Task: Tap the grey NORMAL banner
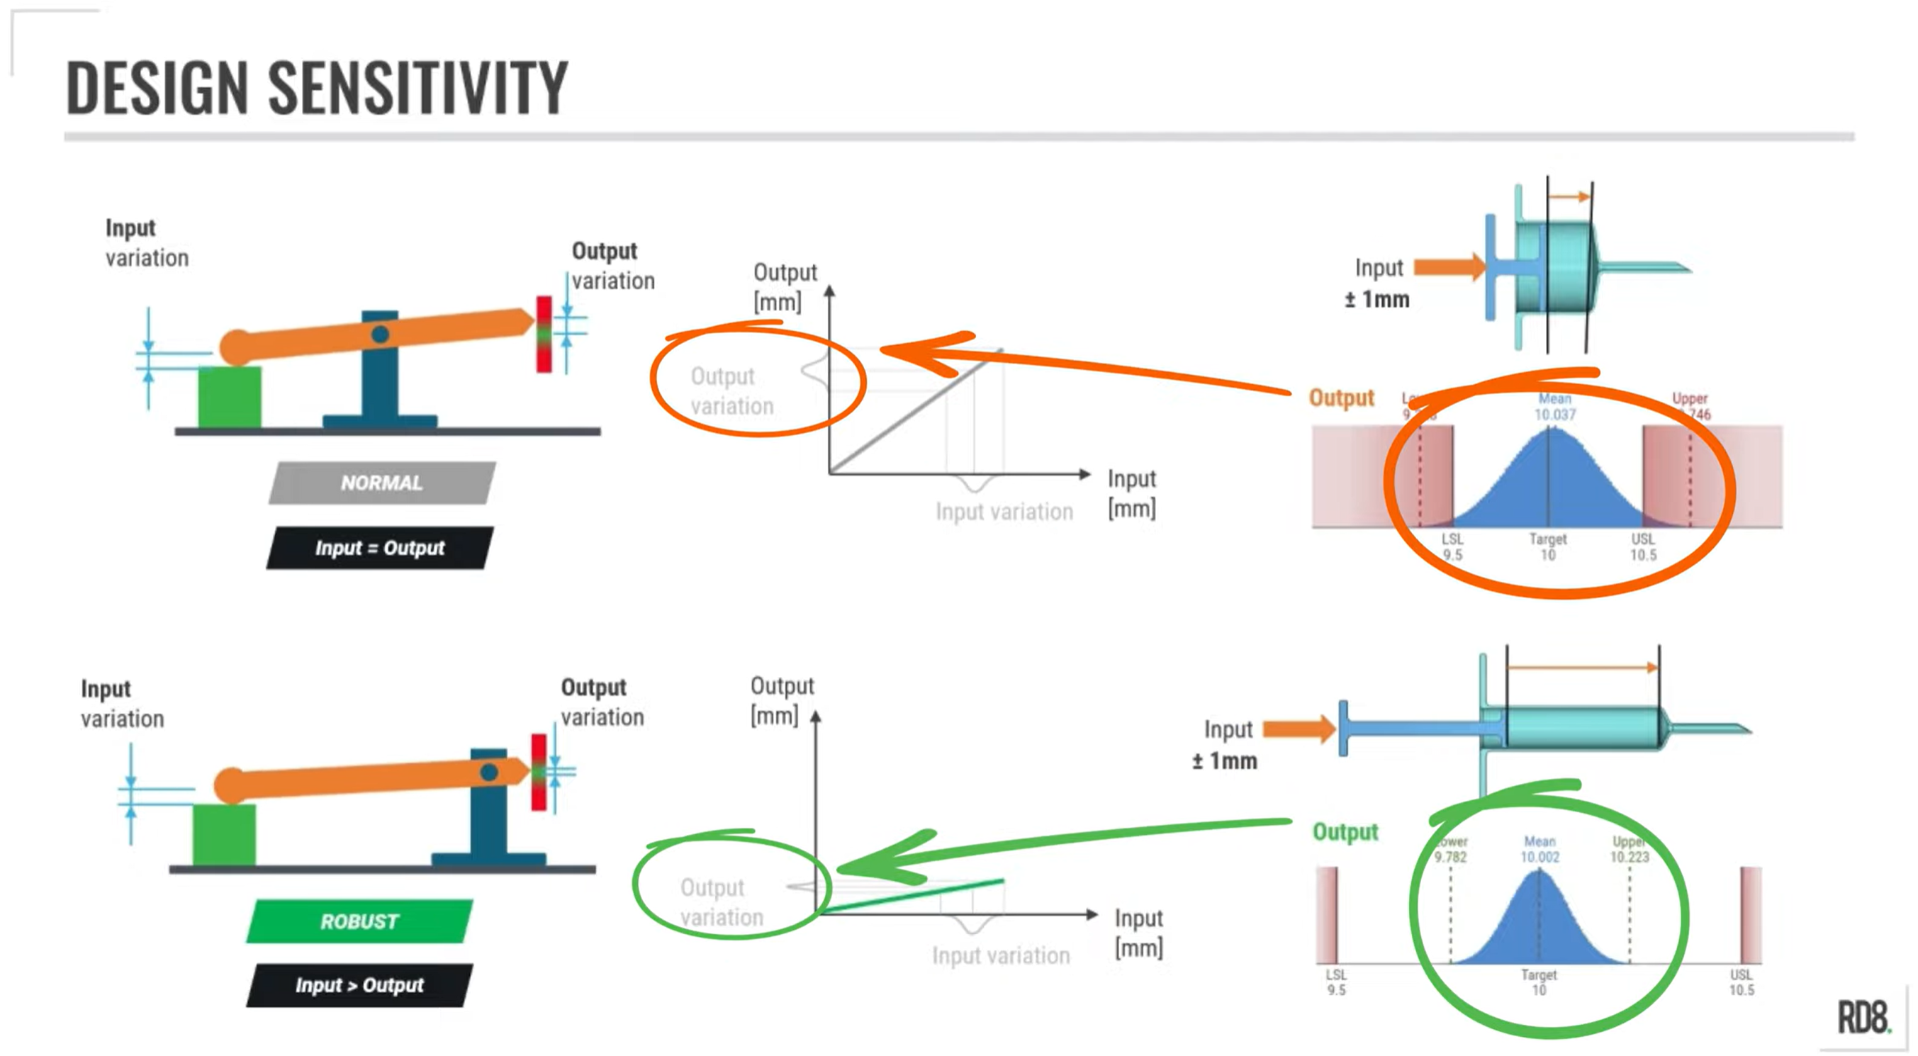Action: [382, 483]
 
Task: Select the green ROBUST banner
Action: [359, 921]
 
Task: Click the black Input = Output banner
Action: [380, 548]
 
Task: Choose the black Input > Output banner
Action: [359, 985]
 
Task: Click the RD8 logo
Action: [1863, 1017]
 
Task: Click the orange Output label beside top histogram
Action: [1342, 398]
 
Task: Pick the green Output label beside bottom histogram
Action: [1345, 832]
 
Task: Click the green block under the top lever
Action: [230, 397]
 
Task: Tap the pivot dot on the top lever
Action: [381, 335]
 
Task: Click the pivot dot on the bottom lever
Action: [489, 773]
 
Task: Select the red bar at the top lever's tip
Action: [544, 335]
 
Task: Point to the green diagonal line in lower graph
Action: [916, 895]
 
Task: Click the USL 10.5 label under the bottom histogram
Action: [1742, 982]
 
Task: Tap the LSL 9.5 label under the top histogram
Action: [1452, 546]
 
